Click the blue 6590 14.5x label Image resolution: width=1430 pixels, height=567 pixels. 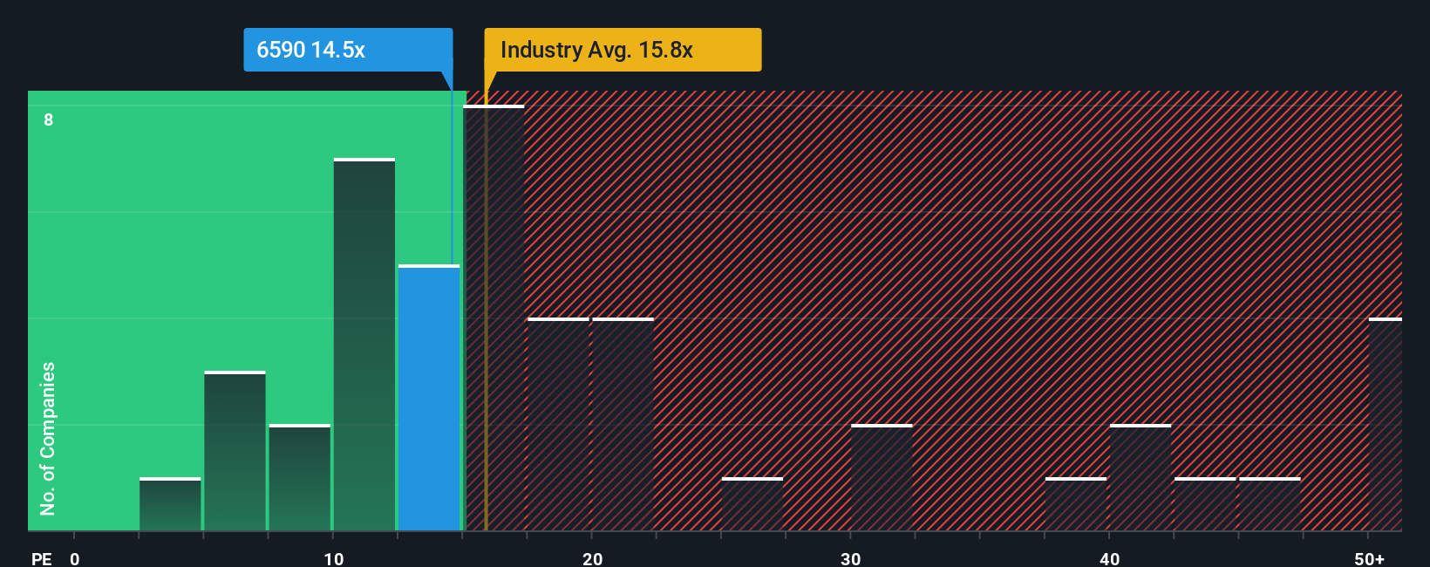[x=347, y=50]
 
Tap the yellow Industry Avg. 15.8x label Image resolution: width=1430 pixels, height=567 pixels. [x=623, y=50]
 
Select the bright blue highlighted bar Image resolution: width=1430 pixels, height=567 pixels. [x=429, y=398]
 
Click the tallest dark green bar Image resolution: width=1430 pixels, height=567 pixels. [x=364, y=345]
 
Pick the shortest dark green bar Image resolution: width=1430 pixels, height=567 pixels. [x=170, y=504]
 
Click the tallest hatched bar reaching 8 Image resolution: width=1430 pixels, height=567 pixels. [x=494, y=318]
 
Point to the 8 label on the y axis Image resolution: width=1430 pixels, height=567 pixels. [x=49, y=120]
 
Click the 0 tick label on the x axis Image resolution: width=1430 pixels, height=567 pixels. [x=75, y=558]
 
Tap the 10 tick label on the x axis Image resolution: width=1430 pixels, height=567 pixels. [x=333, y=558]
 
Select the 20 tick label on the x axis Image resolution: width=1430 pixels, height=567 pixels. [x=592, y=558]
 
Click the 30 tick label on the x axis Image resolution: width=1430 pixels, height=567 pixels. [x=850, y=558]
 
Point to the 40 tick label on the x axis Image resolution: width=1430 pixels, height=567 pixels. [x=1109, y=558]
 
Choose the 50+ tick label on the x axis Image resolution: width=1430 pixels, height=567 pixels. [x=1369, y=558]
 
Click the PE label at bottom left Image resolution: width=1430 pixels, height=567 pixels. [x=41, y=558]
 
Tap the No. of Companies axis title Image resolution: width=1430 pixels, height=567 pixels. [x=48, y=438]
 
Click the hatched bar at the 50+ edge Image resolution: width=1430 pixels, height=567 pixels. [x=1385, y=425]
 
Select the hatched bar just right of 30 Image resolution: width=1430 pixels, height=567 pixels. [x=882, y=478]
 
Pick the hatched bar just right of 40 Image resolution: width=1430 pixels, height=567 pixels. [x=1141, y=478]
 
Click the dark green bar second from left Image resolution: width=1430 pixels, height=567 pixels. [x=235, y=451]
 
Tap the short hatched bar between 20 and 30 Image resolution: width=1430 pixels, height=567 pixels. [x=752, y=504]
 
